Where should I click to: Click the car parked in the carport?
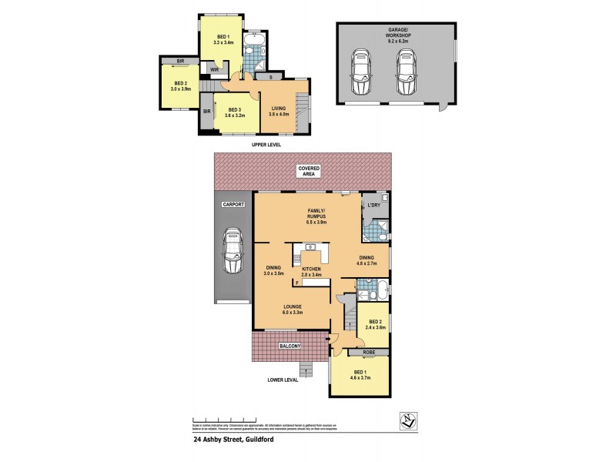232,252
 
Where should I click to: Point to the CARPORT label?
233,206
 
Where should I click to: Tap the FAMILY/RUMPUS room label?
316,215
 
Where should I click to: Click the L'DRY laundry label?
375,205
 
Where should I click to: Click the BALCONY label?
290,347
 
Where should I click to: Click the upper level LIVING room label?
279,111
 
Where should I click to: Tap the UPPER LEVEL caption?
256,144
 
